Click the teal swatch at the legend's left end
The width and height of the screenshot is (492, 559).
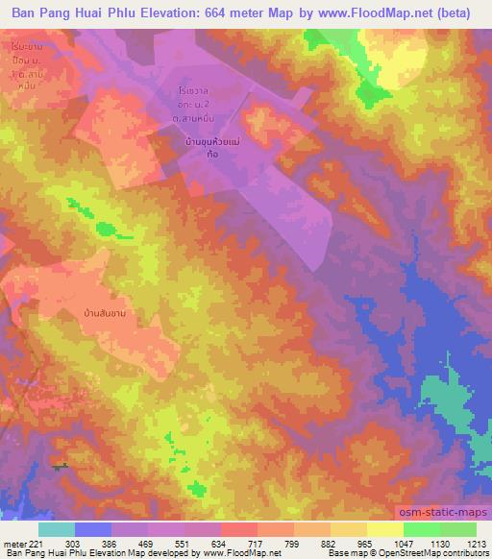click(x=57, y=529)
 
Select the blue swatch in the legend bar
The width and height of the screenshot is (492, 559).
click(x=93, y=529)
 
